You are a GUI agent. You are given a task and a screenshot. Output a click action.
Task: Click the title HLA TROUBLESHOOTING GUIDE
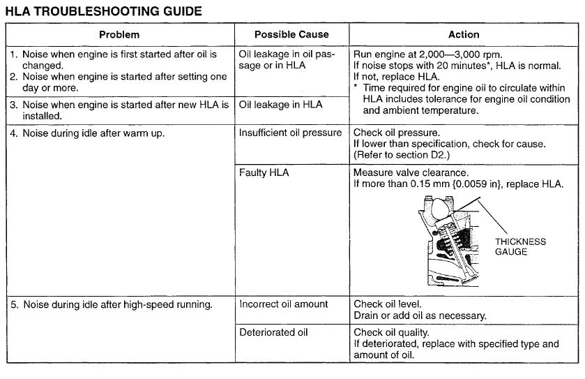(104, 11)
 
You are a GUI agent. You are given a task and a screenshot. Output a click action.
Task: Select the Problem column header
(119, 34)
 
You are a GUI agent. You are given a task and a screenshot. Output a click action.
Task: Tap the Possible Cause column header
(291, 34)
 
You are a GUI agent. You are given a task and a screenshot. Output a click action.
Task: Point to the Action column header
(464, 34)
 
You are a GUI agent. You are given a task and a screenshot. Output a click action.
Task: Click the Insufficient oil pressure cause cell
(291, 133)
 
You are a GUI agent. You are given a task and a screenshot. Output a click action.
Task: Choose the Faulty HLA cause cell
(264, 172)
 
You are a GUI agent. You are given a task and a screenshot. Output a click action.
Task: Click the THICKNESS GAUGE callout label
(520, 246)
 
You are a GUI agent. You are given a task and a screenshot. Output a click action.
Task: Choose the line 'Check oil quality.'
(391, 332)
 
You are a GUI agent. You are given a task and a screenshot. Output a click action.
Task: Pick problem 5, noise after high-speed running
(111, 304)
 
